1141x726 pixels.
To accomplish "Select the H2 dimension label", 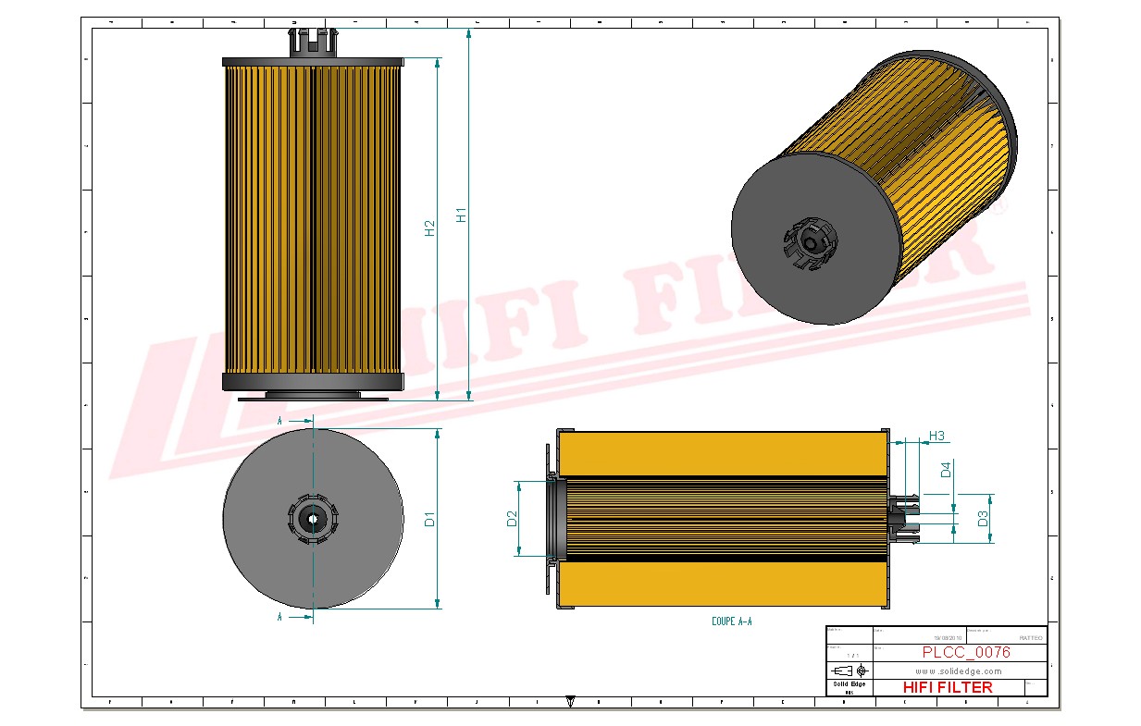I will [x=429, y=228].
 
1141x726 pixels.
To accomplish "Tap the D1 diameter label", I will [x=429, y=519].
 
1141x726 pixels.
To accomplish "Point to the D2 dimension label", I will [x=512, y=519].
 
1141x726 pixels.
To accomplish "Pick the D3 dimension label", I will [x=984, y=518].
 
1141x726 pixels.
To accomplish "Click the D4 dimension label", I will [x=946, y=470].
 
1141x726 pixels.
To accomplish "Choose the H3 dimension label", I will [x=936, y=436].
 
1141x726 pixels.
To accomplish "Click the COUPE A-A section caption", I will [x=731, y=622].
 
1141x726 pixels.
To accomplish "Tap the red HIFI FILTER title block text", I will [x=947, y=687].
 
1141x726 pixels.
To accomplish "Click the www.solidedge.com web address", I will [x=959, y=671].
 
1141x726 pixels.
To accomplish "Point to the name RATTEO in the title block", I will [x=1030, y=638].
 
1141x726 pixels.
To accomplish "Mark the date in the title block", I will [x=948, y=638].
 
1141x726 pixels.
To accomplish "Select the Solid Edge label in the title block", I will [x=849, y=684].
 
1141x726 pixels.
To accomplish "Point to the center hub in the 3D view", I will [x=812, y=243].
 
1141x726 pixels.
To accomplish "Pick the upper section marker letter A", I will [x=279, y=421].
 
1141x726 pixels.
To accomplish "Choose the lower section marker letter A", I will [x=279, y=616].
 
